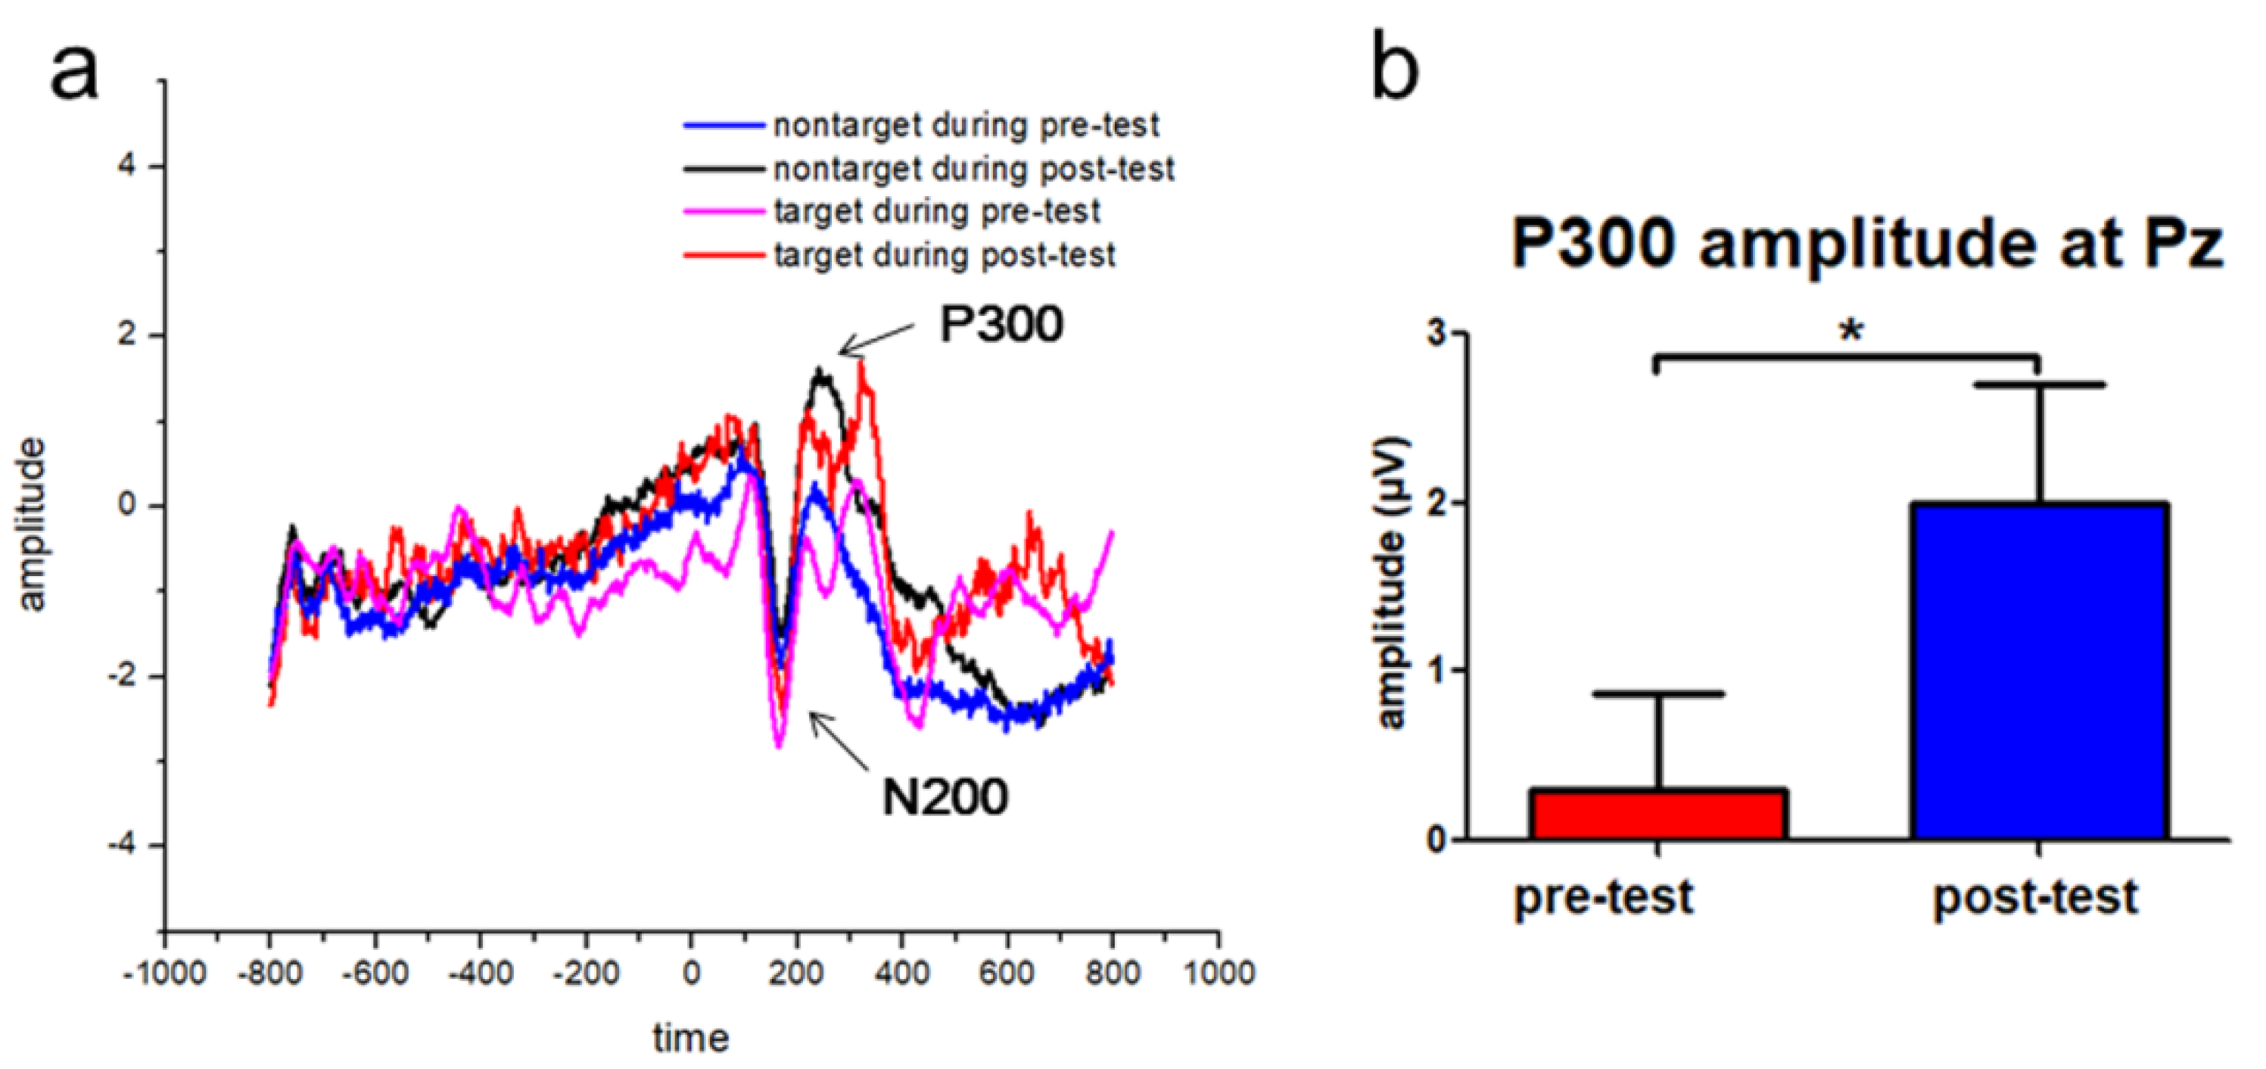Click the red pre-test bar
[x=1658, y=815]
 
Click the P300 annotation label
[x=1001, y=324]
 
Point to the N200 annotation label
[x=945, y=798]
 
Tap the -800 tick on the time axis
[x=269, y=974]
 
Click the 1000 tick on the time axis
[x=1218, y=974]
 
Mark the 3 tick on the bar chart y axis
[x=1436, y=333]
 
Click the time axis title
[x=690, y=1038]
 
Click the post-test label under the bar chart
[x=2034, y=897]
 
